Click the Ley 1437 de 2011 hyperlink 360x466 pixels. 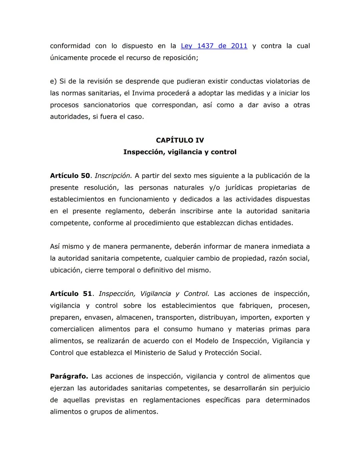coord(214,46)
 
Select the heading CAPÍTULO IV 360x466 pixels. coord(180,140)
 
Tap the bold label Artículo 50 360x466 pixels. coord(70,176)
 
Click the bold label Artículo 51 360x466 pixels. coord(71,294)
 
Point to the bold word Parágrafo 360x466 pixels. coord(69,377)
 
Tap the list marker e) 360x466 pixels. coord(53,81)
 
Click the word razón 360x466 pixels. coord(279,259)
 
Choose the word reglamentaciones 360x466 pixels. coord(171,400)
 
